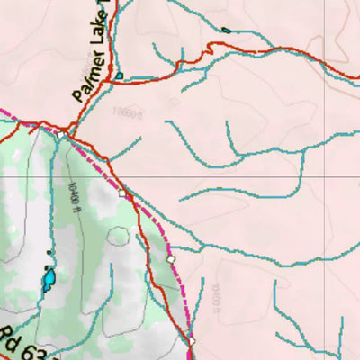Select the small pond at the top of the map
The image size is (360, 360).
tap(225, 30)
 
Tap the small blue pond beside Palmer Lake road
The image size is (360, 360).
tap(119, 76)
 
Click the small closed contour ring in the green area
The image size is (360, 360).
tap(119, 237)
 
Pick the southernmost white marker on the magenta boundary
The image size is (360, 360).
tap(192, 341)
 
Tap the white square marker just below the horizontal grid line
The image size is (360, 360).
tap(123, 192)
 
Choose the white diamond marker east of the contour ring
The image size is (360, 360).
tap(171, 259)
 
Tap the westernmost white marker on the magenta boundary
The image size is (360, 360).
tap(123, 192)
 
